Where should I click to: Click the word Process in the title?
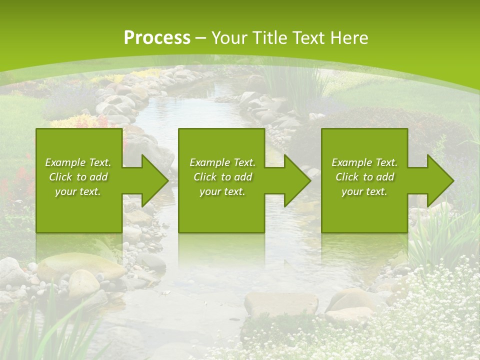[x=157, y=38]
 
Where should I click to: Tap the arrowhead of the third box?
[x=440, y=180]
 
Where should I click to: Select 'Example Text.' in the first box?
[x=78, y=162]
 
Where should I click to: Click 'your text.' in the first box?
[x=78, y=191]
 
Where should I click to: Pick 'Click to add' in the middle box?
[x=222, y=177]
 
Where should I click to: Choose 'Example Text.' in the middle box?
[x=222, y=162]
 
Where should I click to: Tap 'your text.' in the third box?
[x=364, y=191]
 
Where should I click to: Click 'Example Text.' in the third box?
[x=364, y=162]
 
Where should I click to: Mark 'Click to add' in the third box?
[x=364, y=177]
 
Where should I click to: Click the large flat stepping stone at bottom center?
[x=281, y=304]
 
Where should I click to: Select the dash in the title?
[x=200, y=38]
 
